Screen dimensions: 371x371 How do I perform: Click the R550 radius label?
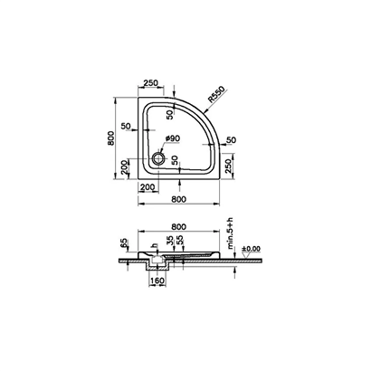[214, 98]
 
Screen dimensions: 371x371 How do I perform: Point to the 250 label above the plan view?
[152, 82]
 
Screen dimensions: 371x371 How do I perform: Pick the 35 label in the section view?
[171, 243]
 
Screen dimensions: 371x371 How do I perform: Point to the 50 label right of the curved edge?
[231, 139]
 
